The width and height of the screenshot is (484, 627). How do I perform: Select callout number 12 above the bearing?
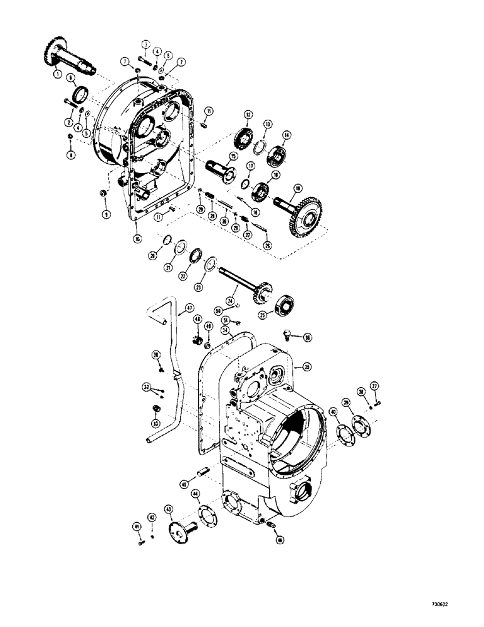pos(248,115)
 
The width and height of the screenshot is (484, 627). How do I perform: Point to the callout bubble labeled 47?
pos(186,308)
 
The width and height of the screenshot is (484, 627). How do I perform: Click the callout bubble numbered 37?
pos(374,386)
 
